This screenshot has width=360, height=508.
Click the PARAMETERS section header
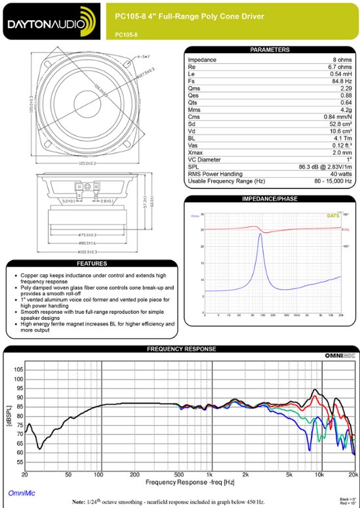tap(270, 50)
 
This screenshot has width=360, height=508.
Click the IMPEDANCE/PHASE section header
tap(270, 198)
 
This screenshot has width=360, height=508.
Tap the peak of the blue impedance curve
tap(260, 234)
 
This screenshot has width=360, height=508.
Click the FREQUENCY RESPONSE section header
tap(180, 349)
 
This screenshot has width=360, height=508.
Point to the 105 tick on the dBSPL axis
tap(18, 370)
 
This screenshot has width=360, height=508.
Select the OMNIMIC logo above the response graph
tap(340, 356)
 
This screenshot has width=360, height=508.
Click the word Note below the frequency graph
tap(80, 501)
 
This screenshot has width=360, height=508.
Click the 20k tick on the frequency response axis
tap(352, 474)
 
